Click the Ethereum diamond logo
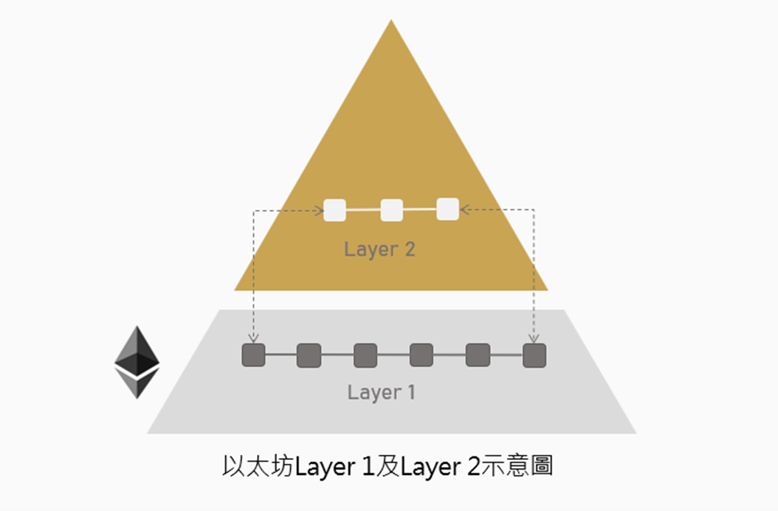tap(137, 362)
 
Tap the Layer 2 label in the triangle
tap(379, 249)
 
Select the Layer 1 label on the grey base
tap(381, 392)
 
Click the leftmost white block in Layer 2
tap(335, 210)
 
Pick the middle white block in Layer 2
tap(391, 210)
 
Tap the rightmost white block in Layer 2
tap(447, 209)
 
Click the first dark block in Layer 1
tap(253, 355)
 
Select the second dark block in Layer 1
tap(309, 355)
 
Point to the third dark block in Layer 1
tap(365, 355)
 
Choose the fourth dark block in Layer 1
tap(421, 355)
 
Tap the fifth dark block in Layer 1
tap(478, 355)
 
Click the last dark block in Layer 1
tap(534, 355)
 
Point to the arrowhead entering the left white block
tap(320, 211)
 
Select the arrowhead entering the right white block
tap(464, 210)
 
